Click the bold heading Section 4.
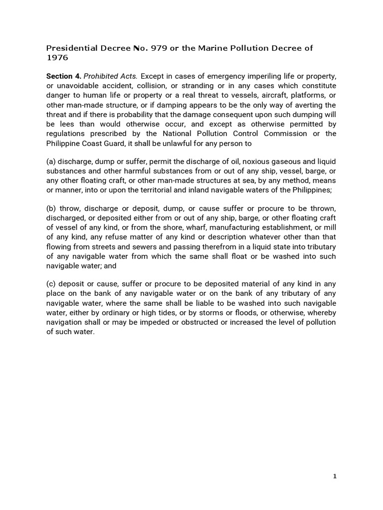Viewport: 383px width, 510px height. (63, 76)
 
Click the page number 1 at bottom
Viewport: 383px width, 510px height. (335, 476)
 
